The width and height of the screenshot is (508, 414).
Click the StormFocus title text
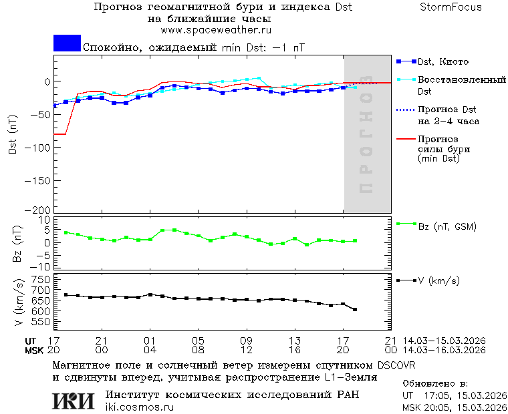(451, 7)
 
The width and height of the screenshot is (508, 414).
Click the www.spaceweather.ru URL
(216, 30)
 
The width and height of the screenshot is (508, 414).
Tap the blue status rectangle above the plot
(67, 43)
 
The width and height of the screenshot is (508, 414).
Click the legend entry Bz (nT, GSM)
(447, 226)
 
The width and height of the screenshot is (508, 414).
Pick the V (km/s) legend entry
(438, 281)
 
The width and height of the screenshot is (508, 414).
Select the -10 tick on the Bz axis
(41, 265)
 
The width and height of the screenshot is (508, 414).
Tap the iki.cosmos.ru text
(139, 407)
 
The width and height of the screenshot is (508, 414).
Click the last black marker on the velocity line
(355, 309)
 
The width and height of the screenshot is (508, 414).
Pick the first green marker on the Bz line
(66, 232)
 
